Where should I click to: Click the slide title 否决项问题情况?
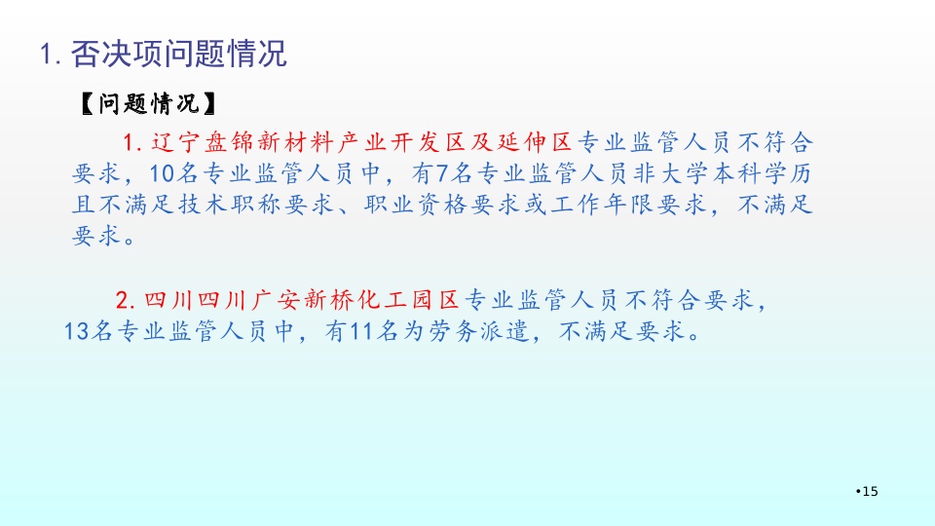tap(179, 54)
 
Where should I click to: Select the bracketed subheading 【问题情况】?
tap(148, 104)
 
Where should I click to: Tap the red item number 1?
tap(131, 143)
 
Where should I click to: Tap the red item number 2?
tap(126, 300)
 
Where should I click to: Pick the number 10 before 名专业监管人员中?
tap(161, 174)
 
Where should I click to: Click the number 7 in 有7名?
tap(442, 174)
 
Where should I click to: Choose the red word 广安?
tap(275, 300)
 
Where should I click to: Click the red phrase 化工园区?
tap(408, 300)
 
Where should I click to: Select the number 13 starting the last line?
tap(76, 331)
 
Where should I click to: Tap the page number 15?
tap(870, 491)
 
